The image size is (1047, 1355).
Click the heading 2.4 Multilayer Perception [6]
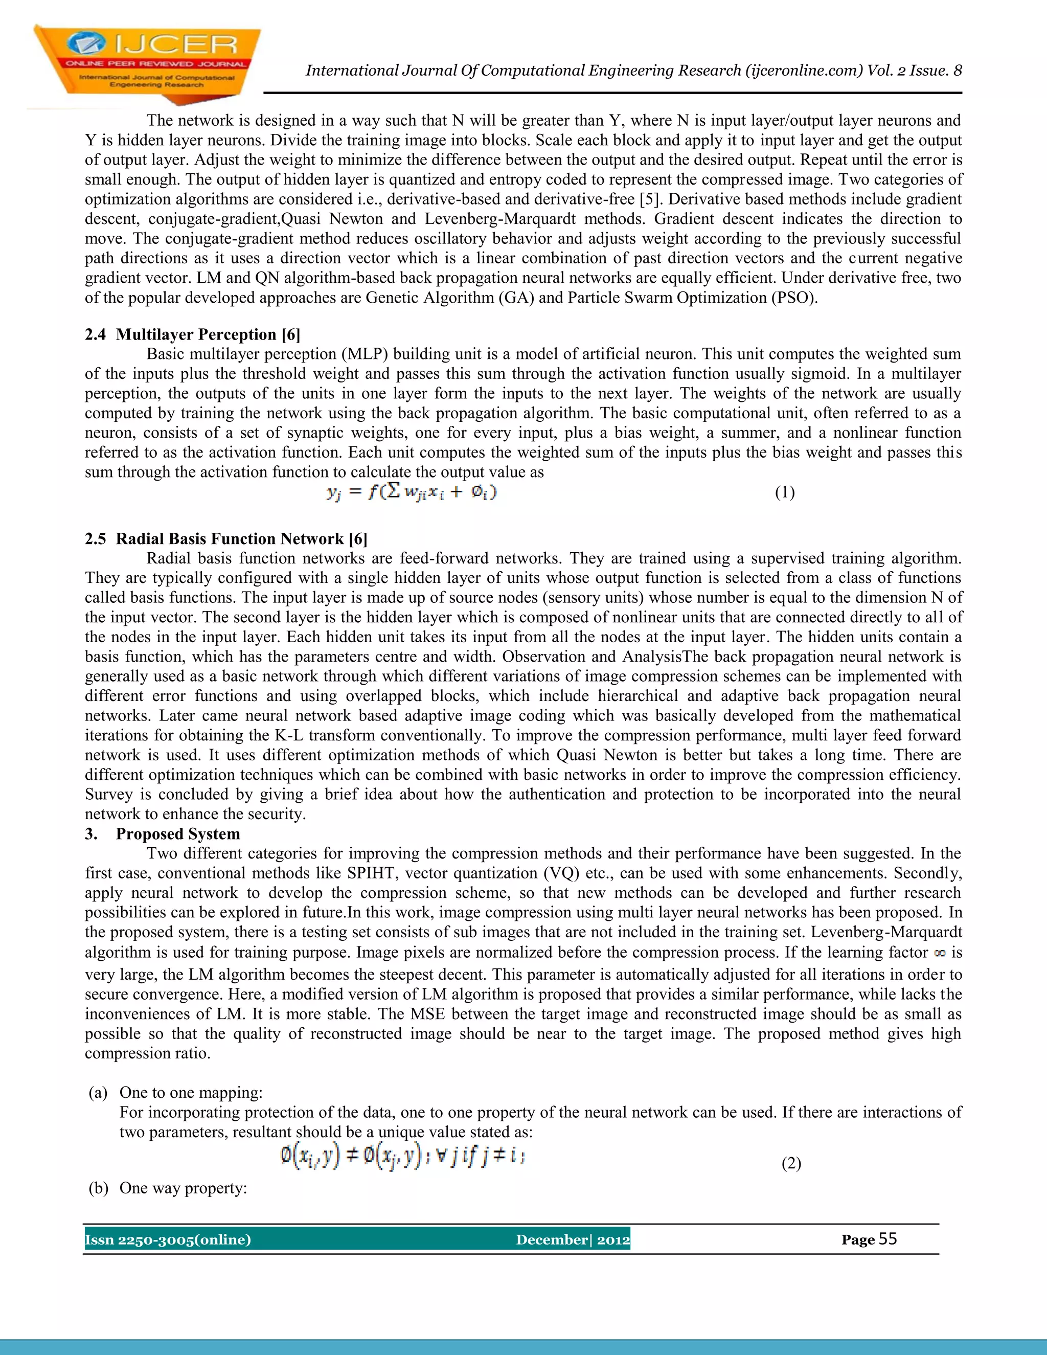[x=192, y=334]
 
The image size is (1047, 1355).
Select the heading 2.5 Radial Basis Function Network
[x=226, y=538]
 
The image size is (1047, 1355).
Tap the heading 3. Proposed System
[x=163, y=833]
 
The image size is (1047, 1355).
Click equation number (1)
[x=785, y=492]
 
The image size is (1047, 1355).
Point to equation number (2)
[x=791, y=1163]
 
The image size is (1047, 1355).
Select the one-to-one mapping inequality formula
[x=402, y=1156]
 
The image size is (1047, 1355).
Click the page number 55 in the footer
[x=887, y=1239]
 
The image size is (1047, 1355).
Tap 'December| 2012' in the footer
[x=573, y=1239]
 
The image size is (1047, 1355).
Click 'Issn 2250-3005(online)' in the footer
[x=168, y=1239]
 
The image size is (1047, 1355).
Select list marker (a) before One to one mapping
[x=98, y=1092]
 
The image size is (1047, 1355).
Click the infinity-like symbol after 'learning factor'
[x=939, y=954]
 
